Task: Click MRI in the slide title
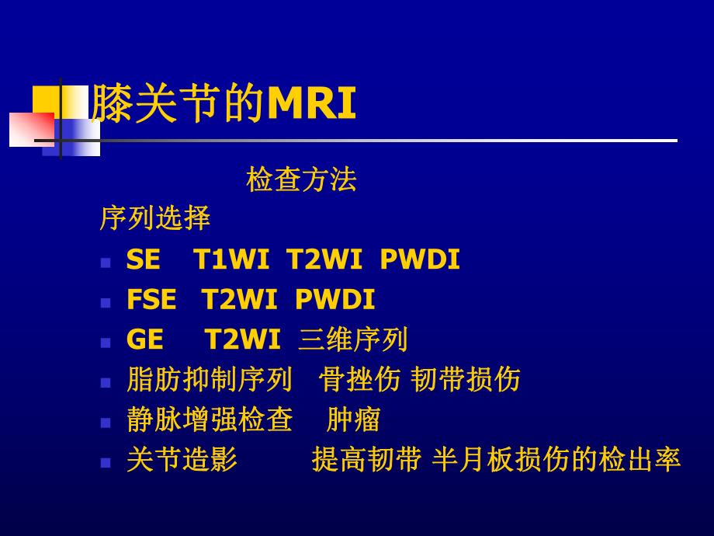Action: (x=311, y=105)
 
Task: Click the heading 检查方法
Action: (x=301, y=180)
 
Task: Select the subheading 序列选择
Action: (x=154, y=219)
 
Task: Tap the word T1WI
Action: (x=230, y=260)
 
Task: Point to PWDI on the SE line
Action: (x=420, y=260)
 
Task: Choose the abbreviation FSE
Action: (x=151, y=300)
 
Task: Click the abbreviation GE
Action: (x=144, y=340)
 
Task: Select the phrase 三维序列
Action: (x=353, y=340)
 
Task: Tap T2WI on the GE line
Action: (x=243, y=340)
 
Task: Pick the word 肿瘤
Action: (x=353, y=420)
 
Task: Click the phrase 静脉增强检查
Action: (x=210, y=420)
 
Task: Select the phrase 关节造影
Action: (x=182, y=461)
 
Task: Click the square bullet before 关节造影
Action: (x=106, y=462)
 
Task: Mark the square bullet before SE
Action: (x=106, y=263)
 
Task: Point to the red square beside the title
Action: (x=31, y=129)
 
